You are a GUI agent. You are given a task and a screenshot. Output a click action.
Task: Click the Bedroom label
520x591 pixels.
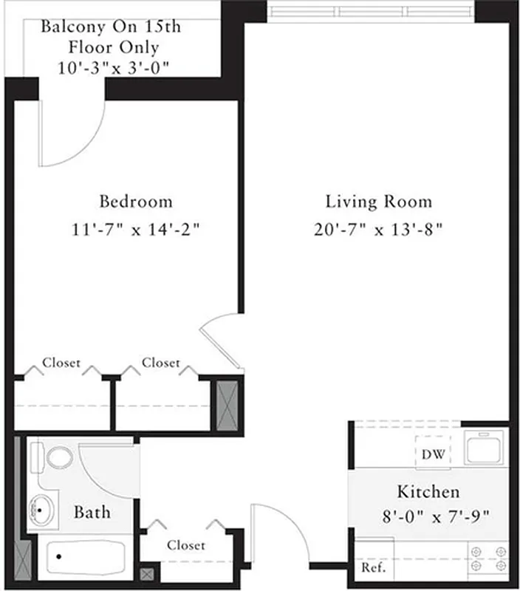136,201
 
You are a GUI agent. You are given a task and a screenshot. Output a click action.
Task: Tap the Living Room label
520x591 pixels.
378,201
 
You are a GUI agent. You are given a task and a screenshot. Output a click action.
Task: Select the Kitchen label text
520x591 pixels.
428,491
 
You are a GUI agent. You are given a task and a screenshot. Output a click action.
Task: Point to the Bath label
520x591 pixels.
92,511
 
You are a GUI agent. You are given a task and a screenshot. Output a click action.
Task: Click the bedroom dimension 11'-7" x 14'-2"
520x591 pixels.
136,230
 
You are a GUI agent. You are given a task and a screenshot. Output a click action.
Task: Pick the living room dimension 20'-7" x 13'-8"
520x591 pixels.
378,230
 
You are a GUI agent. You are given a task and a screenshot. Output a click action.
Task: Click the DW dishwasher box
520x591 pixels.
434,454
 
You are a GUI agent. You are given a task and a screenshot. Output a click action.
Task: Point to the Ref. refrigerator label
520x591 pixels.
373,568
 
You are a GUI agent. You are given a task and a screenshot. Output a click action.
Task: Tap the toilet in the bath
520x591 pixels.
56,456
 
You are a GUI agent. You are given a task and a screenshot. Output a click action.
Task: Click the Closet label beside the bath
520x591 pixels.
185,545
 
